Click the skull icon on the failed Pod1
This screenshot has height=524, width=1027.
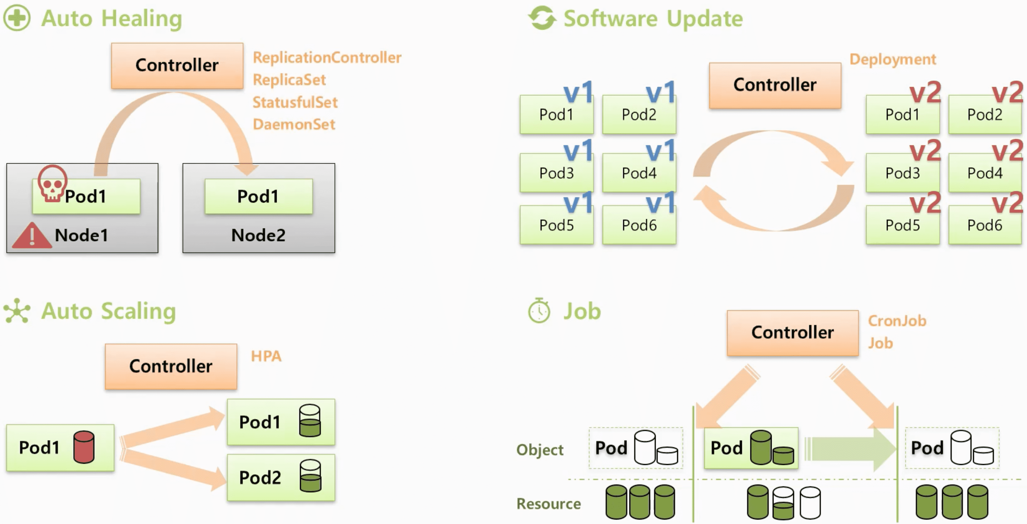click(52, 183)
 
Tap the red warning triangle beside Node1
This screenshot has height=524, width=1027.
click(32, 236)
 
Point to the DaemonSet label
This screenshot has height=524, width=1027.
click(294, 124)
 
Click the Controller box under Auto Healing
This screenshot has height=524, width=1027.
click(177, 65)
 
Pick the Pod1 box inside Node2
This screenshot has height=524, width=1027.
click(258, 196)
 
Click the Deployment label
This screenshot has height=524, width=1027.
click(893, 59)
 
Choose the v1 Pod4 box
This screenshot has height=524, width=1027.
click(639, 173)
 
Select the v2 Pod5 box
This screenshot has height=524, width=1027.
click(903, 225)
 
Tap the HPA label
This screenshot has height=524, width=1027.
click(266, 356)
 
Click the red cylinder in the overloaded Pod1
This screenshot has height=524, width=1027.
click(84, 447)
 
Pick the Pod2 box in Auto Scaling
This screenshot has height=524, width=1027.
click(281, 478)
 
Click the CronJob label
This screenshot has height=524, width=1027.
click(897, 321)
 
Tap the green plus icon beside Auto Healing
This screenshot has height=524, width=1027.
click(17, 18)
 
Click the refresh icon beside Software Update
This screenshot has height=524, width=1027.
click(542, 18)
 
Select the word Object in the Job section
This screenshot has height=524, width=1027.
click(540, 449)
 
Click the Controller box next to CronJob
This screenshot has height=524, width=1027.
click(793, 333)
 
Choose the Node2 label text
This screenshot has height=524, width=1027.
click(258, 235)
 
